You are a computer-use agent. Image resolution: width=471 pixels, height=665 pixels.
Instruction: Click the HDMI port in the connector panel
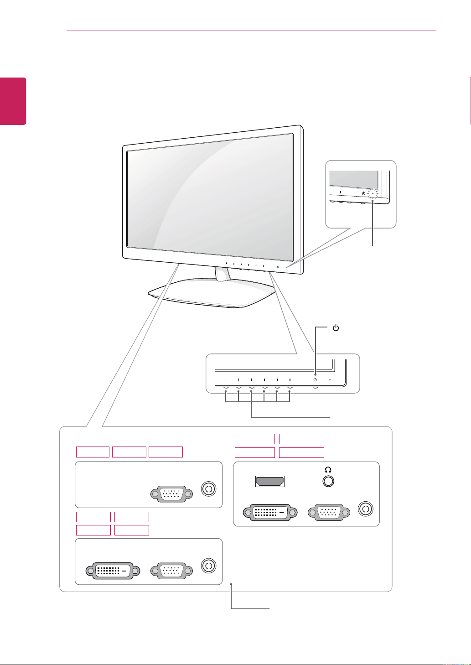coord(270,481)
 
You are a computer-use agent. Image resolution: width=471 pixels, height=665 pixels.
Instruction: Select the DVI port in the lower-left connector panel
coord(113,571)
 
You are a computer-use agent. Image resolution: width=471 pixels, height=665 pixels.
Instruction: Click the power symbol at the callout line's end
coord(336,328)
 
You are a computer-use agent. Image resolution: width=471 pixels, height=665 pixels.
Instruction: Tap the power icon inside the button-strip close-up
coord(315,379)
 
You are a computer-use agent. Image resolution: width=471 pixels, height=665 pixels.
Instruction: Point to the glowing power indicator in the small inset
coord(373,193)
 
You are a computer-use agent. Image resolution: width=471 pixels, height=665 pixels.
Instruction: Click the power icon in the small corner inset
coord(363,193)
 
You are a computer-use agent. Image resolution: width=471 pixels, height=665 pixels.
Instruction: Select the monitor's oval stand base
coord(212,294)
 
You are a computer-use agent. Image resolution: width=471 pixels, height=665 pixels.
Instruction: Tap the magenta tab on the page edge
coord(13,101)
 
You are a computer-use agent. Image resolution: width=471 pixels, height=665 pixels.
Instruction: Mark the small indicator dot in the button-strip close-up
coord(330,379)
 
